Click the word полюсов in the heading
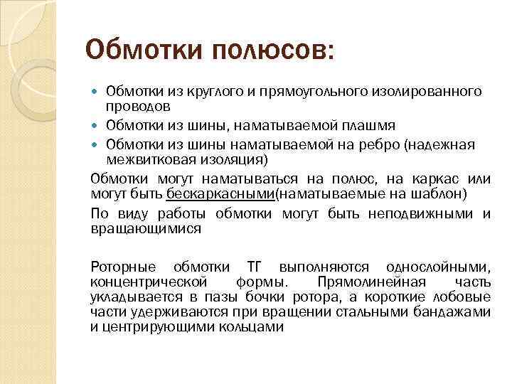tap(270, 50)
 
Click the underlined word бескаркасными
tap(220, 193)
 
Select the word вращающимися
tap(146, 229)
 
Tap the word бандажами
tap(455, 311)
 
